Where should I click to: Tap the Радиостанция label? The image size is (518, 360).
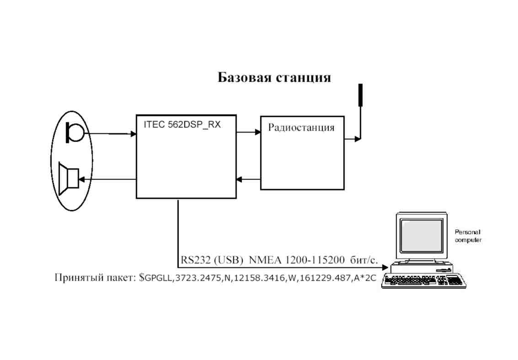(x=301, y=127)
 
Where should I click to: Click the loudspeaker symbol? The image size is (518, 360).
(x=69, y=179)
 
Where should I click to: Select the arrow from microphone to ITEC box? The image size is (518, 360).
(x=110, y=134)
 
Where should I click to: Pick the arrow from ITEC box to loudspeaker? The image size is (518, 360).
(x=107, y=180)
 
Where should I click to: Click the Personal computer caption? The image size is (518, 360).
(x=468, y=236)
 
